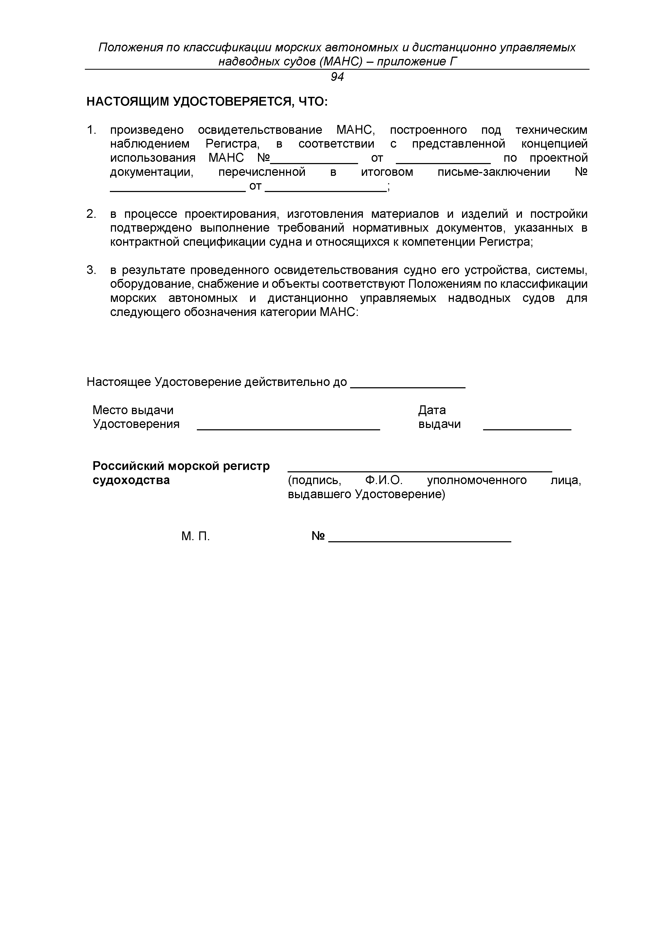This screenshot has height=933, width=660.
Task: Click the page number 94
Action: click(x=337, y=77)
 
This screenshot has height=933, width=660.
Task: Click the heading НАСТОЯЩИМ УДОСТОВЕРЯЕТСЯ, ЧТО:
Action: click(x=207, y=102)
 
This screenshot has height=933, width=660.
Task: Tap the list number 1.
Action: click(x=91, y=130)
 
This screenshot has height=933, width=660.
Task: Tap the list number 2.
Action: click(x=91, y=214)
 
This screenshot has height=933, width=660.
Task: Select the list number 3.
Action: click(x=91, y=270)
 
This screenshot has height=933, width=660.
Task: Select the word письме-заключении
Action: click(x=493, y=172)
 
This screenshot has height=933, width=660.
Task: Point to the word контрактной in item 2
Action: click(x=145, y=242)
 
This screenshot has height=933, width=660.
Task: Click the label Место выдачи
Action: click(x=133, y=410)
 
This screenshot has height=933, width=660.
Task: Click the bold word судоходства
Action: click(x=131, y=480)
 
